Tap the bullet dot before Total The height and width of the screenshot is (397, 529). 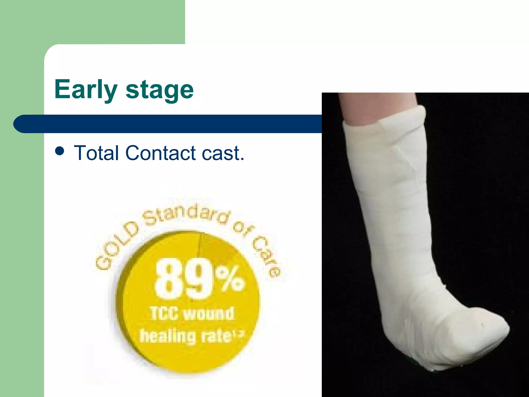[x=60, y=151]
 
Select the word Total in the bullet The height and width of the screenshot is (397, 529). [x=96, y=153]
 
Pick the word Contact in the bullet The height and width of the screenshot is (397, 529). [x=160, y=153]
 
